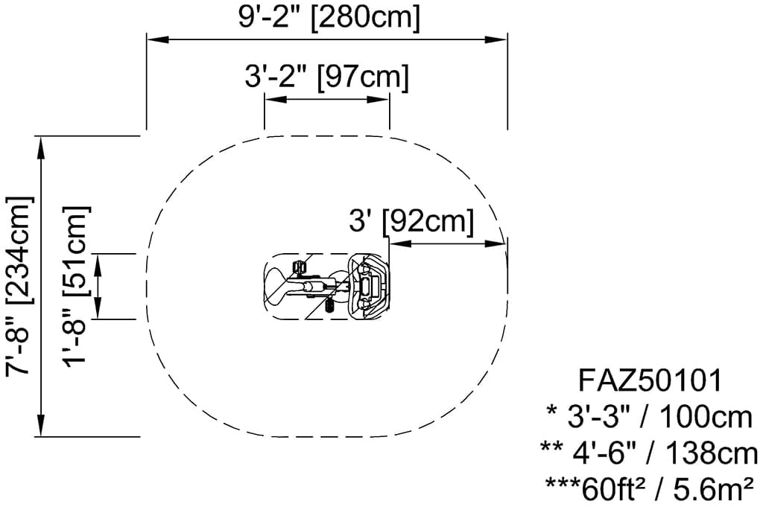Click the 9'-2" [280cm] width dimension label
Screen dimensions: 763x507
pyautogui.click(x=329, y=18)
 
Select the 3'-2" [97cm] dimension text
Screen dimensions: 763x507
pyautogui.click(x=326, y=77)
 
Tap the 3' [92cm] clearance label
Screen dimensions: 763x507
pyautogui.click(x=411, y=222)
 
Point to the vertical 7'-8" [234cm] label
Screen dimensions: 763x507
pyautogui.click(x=19, y=286)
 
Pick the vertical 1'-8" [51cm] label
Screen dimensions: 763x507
pyautogui.click(x=77, y=287)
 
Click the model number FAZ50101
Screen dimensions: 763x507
pyautogui.click(x=650, y=380)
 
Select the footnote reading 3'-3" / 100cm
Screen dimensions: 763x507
pyautogui.click(x=650, y=417)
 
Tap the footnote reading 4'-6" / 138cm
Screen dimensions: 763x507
pyautogui.click(x=649, y=453)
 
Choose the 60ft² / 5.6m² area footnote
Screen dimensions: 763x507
pyautogui.click(x=650, y=489)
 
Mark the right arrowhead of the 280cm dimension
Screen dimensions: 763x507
pyautogui.click(x=497, y=40)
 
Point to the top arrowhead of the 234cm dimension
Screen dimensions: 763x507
pyautogui.click(x=42, y=147)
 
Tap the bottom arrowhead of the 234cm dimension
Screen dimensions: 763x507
pyautogui.click(x=42, y=426)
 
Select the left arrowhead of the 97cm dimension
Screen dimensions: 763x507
pyautogui.click(x=274, y=100)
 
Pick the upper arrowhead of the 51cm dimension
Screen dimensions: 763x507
pyautogui.click(x=99, y=264)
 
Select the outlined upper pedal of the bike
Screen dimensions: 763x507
pyautogui.click(x=299, y=267)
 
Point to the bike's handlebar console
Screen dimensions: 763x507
pyautogui.click(x=368, y=287)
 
